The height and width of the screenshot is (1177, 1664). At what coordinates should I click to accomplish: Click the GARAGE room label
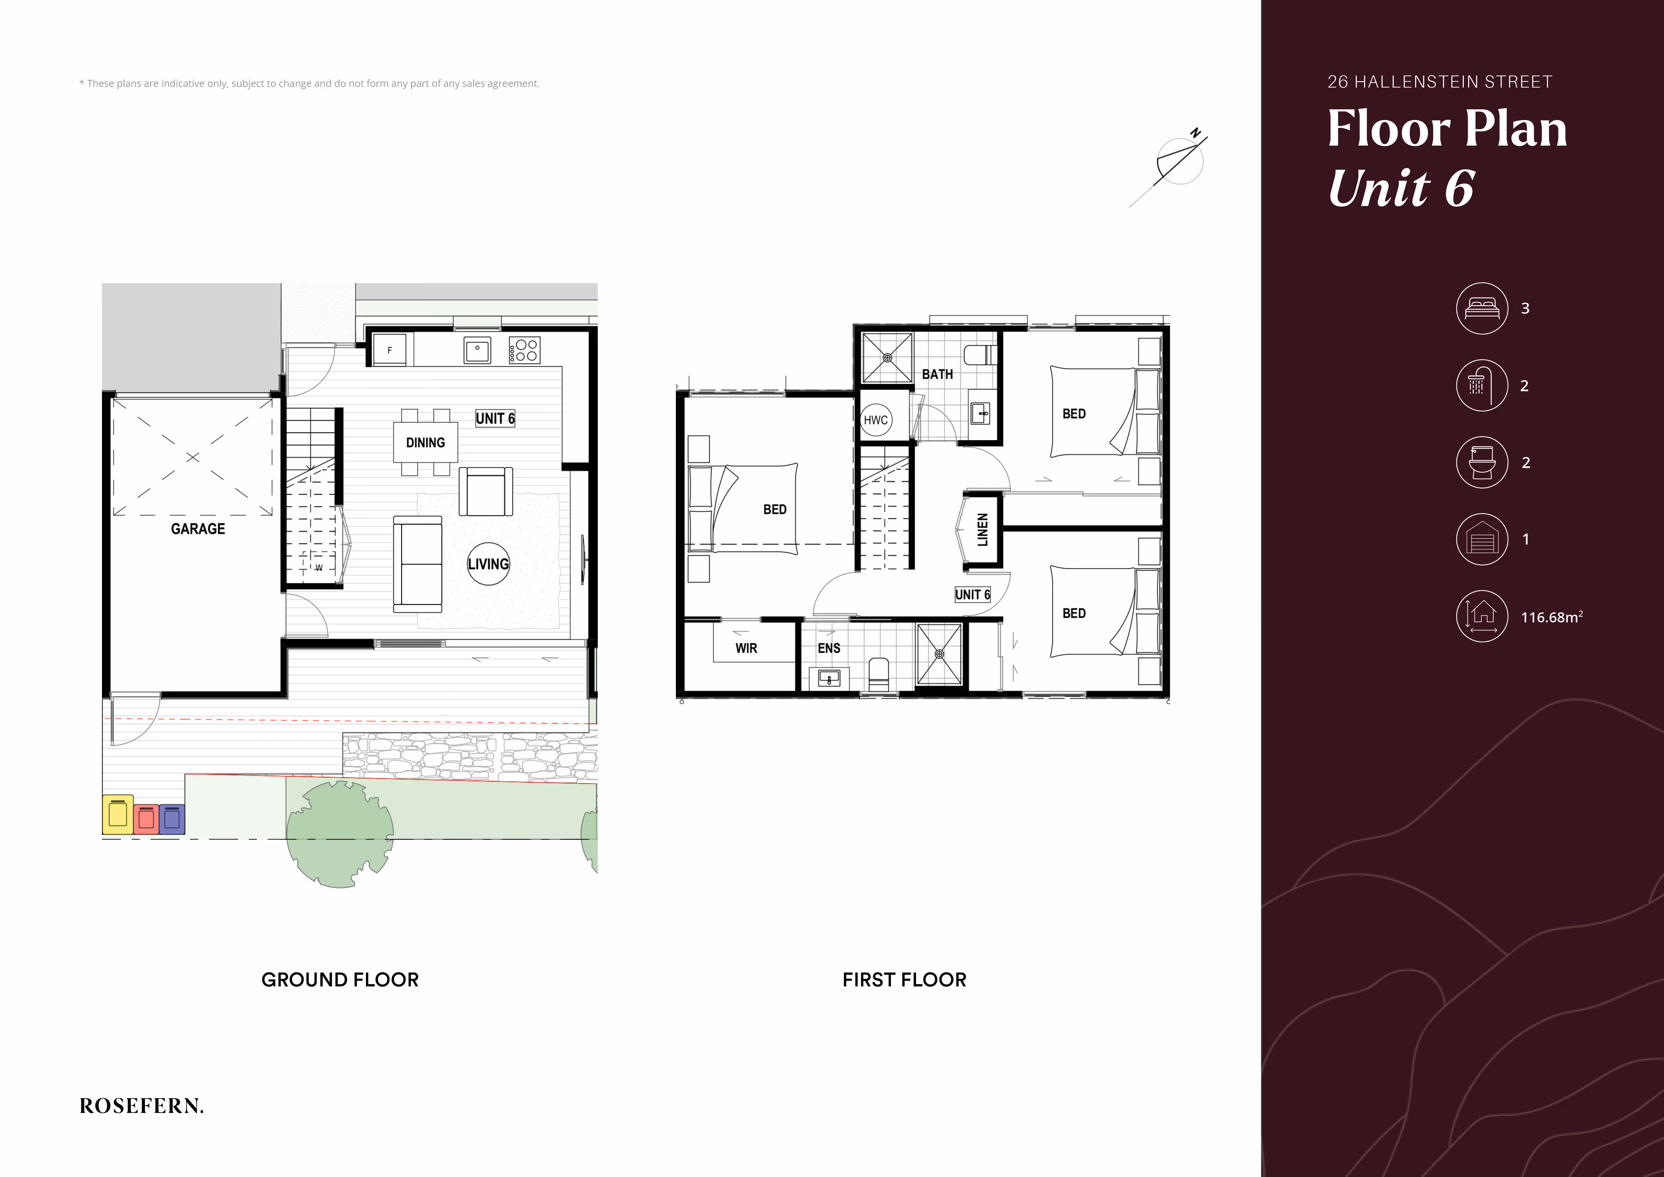[x=198, y=529]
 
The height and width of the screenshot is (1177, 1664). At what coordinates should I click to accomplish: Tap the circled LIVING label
[x=488, y=564]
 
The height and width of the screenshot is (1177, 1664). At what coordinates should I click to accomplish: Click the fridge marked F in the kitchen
[x=390, y=350]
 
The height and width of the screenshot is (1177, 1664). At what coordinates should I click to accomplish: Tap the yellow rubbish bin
[x=117, y=815]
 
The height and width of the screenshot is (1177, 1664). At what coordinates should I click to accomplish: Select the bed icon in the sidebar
[x=1482, y=308]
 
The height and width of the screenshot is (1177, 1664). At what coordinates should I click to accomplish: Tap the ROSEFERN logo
[x=141, y=1106]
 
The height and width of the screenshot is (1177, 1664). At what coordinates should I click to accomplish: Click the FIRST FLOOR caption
[x=905, y=980]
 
